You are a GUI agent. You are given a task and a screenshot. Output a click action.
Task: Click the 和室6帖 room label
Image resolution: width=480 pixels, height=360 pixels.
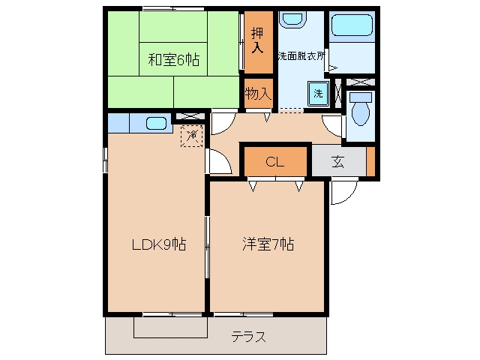pos(173,60)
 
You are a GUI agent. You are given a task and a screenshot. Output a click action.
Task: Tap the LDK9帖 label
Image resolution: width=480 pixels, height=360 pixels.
pos(158,244)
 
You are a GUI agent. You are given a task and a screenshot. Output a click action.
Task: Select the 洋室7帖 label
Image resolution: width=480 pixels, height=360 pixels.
pos(268,244)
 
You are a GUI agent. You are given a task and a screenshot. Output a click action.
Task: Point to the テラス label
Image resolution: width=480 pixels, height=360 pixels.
pos(248,337)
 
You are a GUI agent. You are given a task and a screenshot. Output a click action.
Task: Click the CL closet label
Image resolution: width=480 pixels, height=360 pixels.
pos(275,162)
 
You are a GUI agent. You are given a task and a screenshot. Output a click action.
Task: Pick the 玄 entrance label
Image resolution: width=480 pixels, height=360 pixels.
pos(337,162)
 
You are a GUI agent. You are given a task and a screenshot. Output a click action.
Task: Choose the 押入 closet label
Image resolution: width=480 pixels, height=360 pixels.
pos(257,40)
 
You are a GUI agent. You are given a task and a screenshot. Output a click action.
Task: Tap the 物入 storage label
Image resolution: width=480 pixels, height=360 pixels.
pos(258,93)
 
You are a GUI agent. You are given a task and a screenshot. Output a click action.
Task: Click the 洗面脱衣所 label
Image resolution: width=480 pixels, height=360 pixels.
pos(301,56)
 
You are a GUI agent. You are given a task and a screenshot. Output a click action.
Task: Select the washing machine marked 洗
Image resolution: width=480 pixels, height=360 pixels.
pos(318,94)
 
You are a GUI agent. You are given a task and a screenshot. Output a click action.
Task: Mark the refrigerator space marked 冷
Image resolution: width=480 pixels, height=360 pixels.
pos(192,136)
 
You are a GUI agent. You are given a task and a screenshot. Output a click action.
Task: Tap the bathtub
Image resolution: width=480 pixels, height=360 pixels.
pos(352,25)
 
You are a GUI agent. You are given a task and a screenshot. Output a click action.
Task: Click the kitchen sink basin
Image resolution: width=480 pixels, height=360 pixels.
pos(156,123)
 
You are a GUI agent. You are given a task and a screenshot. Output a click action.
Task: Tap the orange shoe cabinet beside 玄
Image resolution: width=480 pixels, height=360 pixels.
pos(370,162)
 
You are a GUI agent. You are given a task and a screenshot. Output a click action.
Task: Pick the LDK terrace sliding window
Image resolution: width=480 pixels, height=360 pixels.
pos(172,314)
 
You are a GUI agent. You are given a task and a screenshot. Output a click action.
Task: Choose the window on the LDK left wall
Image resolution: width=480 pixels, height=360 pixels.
pos(105,160)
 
